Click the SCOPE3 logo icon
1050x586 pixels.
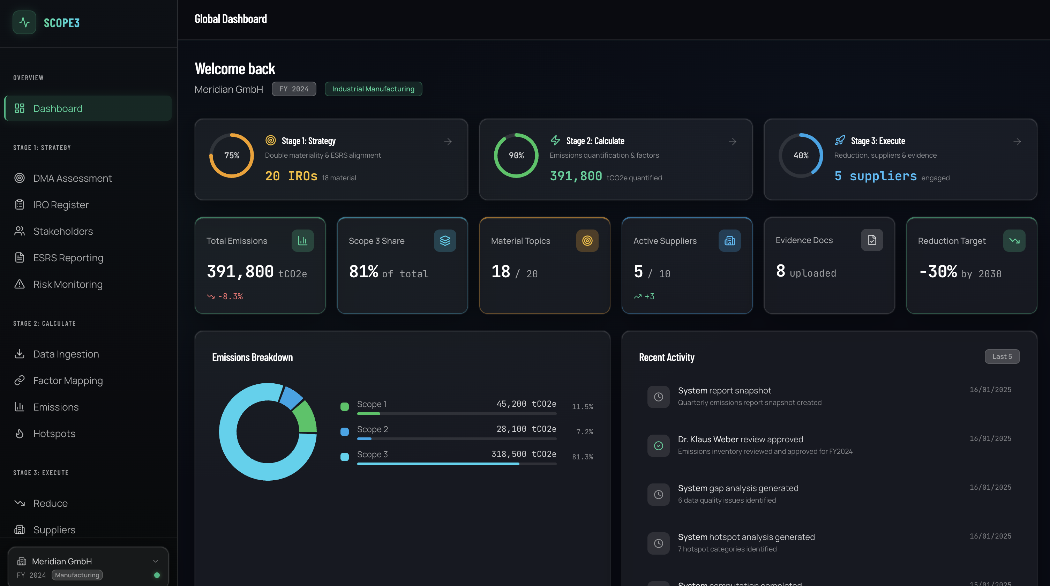click(x=24, y=22)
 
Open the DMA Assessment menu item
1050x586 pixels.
click(x=72, y=178)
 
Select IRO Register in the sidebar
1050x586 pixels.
click(x=61, y=204)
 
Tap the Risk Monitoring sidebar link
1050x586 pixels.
click(x=68, y=284)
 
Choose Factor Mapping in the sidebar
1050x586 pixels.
click(x=68, y=380)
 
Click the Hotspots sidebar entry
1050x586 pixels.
click(x=54, y=433)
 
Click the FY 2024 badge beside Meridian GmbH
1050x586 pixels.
click(x=293, y=89)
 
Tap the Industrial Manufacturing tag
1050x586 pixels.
click(x=373, y=89)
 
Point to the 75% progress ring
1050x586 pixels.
click(x=232, y=155)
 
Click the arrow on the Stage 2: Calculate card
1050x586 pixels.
click(x=732, y=141)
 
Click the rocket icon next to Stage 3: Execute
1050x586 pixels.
click(x=840, y=141)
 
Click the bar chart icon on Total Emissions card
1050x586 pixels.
click(x=302, y=240)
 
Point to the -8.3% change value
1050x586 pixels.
click(x=230, y=296)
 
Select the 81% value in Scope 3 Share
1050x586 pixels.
click(x=363, y=271)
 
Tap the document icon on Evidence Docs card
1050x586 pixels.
click(x=871, y=240)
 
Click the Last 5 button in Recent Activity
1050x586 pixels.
click(x=1002, y=356)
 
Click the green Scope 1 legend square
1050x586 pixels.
click(x=344, y=406)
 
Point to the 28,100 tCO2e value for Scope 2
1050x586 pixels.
click(x=526, y=429)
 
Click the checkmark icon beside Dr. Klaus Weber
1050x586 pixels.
click(x=658, y=445)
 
